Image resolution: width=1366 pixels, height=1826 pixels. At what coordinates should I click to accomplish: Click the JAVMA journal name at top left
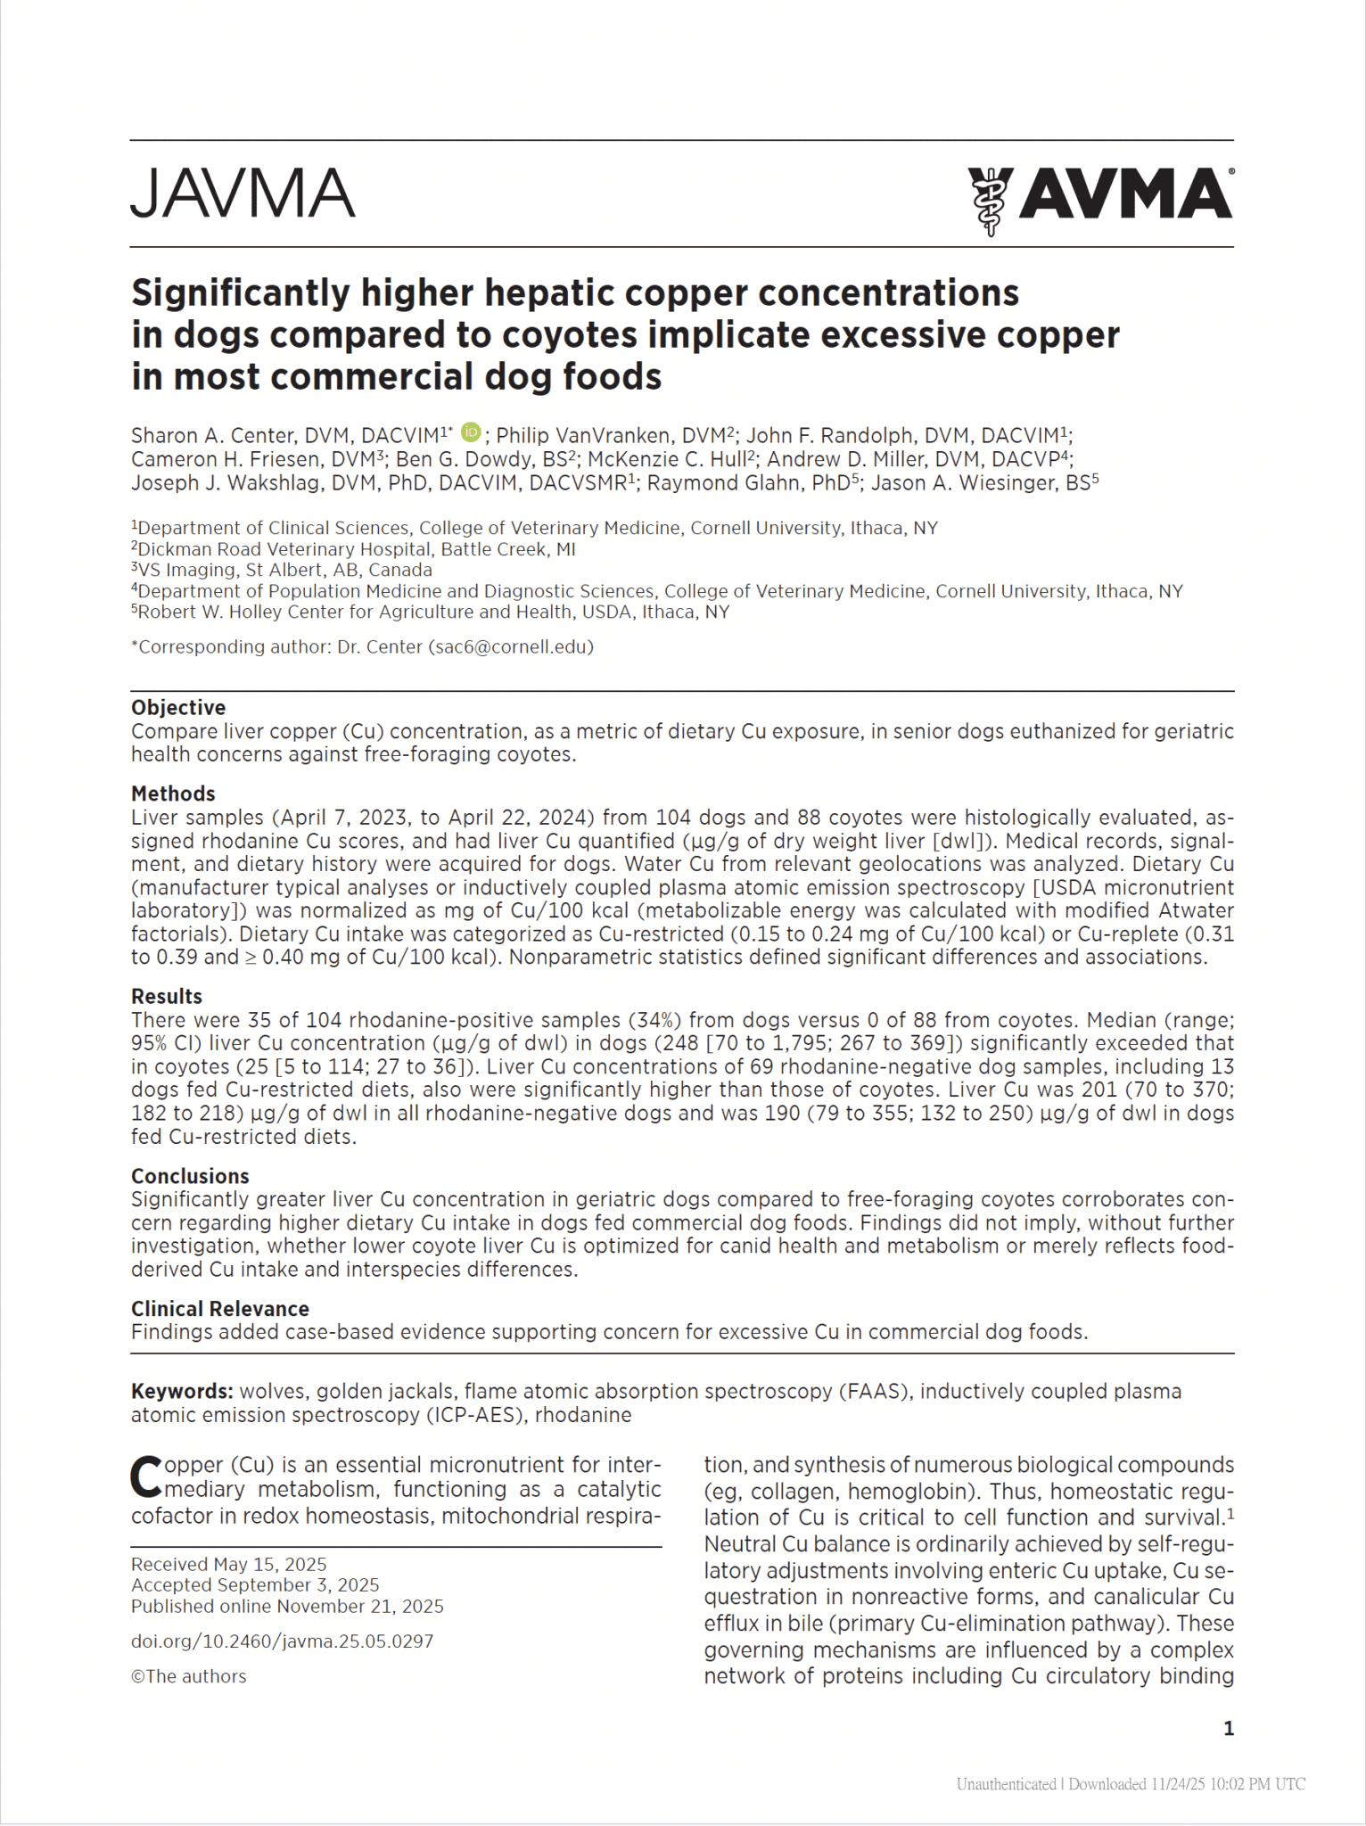(243, 193)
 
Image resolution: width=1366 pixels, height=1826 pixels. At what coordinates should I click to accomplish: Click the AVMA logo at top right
(1100, 197)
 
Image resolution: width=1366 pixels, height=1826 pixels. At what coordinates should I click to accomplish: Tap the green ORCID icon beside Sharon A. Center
(471, 432)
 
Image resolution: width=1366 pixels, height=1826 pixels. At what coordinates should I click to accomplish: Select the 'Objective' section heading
(178, 707)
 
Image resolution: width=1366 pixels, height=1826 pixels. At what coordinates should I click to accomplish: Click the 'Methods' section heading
(173, 794)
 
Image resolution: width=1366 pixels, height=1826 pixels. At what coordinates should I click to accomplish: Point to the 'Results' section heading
(167, 996)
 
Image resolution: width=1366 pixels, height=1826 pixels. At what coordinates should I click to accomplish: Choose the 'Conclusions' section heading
(190, 1176)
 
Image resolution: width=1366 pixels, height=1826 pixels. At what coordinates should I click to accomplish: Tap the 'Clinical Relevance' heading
(220, 1309)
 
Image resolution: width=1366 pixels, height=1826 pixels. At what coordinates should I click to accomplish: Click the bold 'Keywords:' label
(182, 1392)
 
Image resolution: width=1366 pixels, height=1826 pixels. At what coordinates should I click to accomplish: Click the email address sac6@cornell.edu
(510, 647)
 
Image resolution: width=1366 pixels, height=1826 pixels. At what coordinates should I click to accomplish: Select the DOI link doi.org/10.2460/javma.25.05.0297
(282, 1641)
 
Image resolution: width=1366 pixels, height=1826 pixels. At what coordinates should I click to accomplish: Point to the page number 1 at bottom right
(1229, 1729)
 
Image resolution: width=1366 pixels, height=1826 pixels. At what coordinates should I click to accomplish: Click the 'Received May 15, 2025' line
(229, 1565)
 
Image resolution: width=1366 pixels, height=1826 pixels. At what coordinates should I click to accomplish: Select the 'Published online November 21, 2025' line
(287, 1607)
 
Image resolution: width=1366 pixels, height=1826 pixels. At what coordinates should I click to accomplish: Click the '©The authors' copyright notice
(189, 1676)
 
